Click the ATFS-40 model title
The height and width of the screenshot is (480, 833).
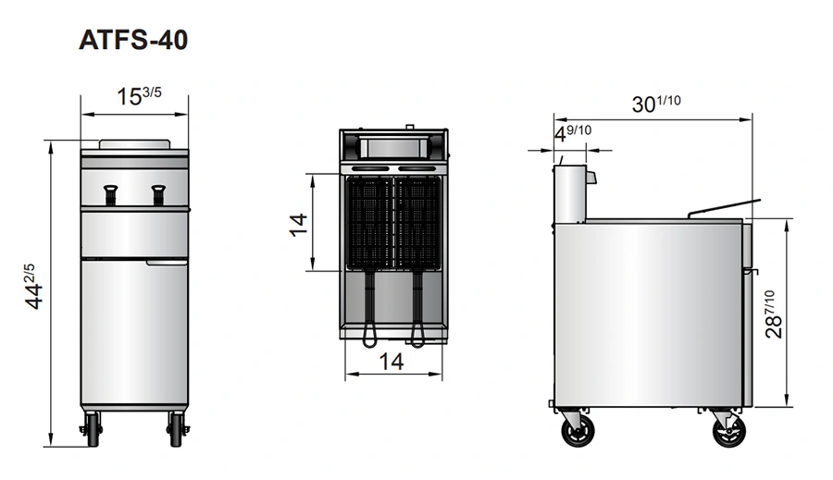point(133,40)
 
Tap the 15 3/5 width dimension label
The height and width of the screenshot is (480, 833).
point(139,96)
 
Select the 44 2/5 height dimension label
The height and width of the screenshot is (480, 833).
point(33,286)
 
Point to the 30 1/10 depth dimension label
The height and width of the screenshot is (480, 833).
point(656,104)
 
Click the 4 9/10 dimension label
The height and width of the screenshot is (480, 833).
point(573,133)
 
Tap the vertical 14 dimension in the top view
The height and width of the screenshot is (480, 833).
point(299,225)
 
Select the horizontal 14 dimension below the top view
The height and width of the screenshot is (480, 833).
point(392,362)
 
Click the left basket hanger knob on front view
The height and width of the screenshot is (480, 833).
point(110,195)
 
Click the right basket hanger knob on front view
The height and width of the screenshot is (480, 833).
point(158,195)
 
